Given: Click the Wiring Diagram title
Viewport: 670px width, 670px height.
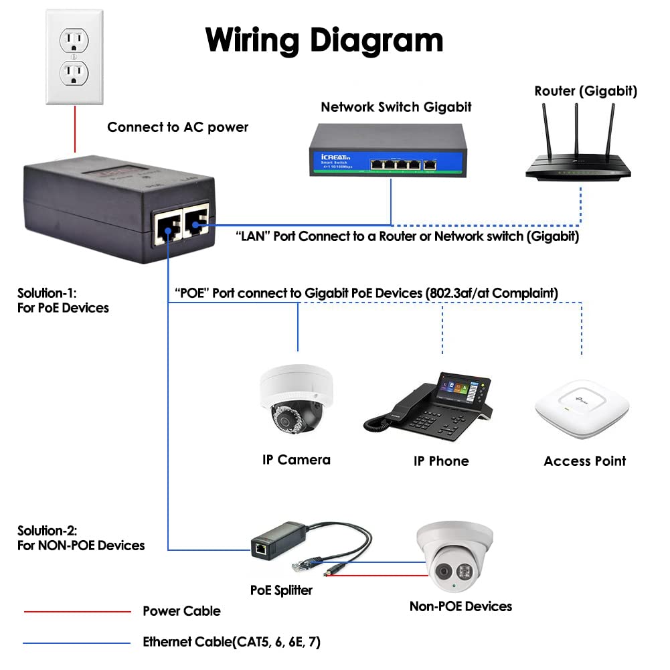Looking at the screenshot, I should [324, 39].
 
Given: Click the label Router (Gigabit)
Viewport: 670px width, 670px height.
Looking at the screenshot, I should [586, 92].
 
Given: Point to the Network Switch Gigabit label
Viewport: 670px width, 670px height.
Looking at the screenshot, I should [396, 107].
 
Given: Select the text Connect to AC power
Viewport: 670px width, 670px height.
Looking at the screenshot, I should [177, 127].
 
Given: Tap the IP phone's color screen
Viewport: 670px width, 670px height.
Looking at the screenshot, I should [461, 390].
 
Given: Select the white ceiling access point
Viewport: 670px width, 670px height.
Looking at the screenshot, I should [582, 408].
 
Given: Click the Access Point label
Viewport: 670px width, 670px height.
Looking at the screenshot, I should [584, 461].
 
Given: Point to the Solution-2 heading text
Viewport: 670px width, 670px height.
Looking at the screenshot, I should [80, 537].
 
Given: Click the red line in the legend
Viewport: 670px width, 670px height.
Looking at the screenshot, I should [77, 611].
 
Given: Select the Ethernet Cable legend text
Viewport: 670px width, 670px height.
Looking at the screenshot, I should [232, 643].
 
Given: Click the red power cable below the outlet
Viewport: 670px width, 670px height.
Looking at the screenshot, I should [75, 131].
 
